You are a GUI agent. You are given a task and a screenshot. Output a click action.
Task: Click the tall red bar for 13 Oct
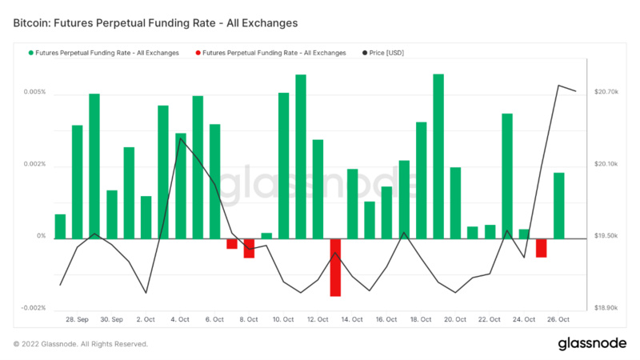point(335,267)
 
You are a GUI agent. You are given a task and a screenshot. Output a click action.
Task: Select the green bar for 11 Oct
point(301,156)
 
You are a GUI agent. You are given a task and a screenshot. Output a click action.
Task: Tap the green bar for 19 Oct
point(438,156)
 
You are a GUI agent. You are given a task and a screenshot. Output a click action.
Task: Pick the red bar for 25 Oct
point(542,248)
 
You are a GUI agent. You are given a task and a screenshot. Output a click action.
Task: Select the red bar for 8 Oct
point(249,248)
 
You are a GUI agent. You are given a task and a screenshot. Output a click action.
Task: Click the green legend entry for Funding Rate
point(104,53)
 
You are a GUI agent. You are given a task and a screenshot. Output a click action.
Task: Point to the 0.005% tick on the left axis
point(34,93)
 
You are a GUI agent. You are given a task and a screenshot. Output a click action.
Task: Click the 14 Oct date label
point(352,319)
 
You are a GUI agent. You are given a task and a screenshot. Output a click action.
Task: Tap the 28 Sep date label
point(78,319)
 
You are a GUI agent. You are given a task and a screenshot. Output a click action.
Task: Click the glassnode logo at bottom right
point(591,344)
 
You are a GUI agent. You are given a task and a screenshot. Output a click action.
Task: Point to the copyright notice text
point(80,344)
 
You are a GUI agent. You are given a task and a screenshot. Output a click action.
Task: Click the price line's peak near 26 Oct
point(559,86)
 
